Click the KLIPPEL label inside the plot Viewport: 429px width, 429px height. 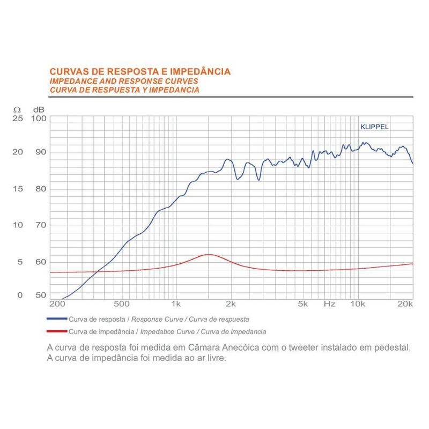click(x=374, y=127)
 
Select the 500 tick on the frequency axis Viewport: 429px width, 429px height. click(x=122, y=304)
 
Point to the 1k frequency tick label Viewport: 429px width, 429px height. click(x=175, y=304)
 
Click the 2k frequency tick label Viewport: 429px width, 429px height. click(x=231, y=304)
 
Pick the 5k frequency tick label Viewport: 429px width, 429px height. click(x=304, y=304)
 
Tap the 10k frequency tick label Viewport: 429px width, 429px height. click(x=358, y=304)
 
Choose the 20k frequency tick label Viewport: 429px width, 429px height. click(x=406, y=304)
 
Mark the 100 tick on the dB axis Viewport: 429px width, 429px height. click(x=40, y=118)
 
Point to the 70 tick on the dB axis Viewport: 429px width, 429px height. click(x=40, y=225)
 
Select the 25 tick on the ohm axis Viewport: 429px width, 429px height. click(x=18, y=118)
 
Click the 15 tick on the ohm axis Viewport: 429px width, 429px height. click(x=18, y=189)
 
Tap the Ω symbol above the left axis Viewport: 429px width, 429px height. click(x=16, y=109)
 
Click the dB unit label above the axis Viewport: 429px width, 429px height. click(x=38, y=109)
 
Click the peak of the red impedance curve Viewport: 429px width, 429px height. click(x=209, y=255)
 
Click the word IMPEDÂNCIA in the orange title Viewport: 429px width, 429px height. click(x=199, y=71)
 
